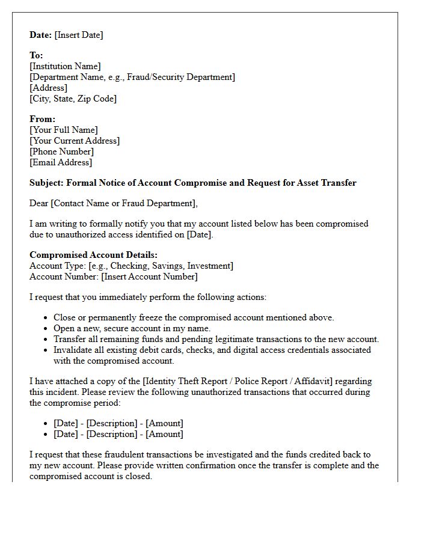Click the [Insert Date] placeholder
pyautogui.click(x=79, y=35)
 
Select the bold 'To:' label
pyautogui.click(x=36, y=55)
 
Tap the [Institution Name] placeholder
pyautogui.click(x=65, y=66)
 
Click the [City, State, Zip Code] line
pyautogui.click(x=73, y=99)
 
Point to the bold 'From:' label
pyautogui.click(x=42, y=119)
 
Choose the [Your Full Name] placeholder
pyautogui.click(x=63, y=130)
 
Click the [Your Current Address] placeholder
pyautogui.click(x=75, y=141)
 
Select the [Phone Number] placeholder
pyautogui.click(x=61, y=151)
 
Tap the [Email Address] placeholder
pyautogui.click(x=61, y=162)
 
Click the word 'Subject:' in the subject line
pyautogui.click(x=46, y=183)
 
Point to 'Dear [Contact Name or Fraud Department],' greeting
pyautogui.click(x=113, y=203)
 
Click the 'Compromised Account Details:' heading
pyautogui.click(x=93, y=255)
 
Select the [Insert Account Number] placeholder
pyautogui.click(x=149, y=277)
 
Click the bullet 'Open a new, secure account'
pyautogui.click(x=132, y=328)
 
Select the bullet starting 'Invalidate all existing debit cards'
pyautogui.click(x=212, y=350)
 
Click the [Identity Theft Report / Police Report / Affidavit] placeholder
pyautogui.click(x=257, y=381)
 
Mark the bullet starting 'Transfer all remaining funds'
pyautogui.click(x=216, y=339)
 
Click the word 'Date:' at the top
pyautogui.click(x=41, y=35)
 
